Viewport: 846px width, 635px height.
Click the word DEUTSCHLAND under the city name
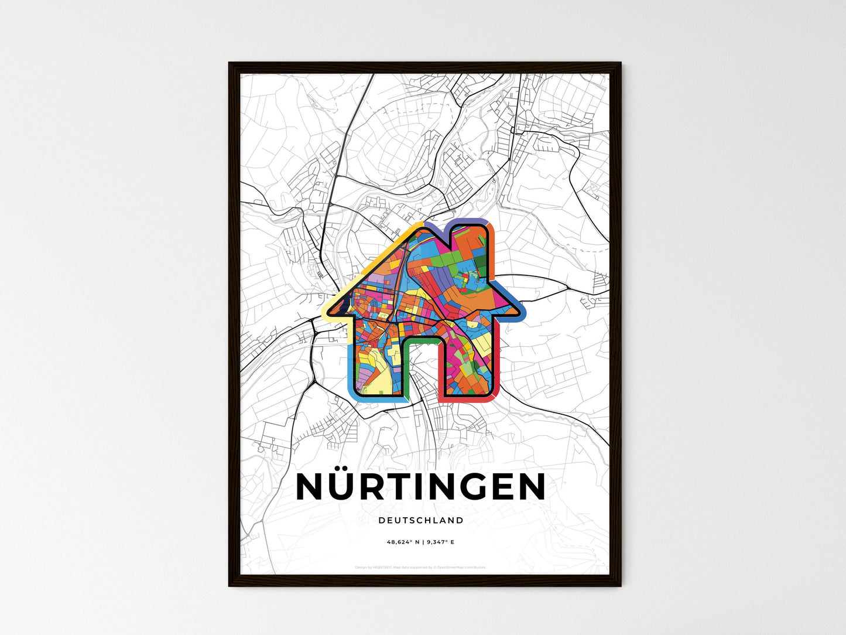click(421, 520)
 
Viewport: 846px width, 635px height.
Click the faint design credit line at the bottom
click(420, 567)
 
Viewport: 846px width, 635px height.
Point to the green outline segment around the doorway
click(422, 339)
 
